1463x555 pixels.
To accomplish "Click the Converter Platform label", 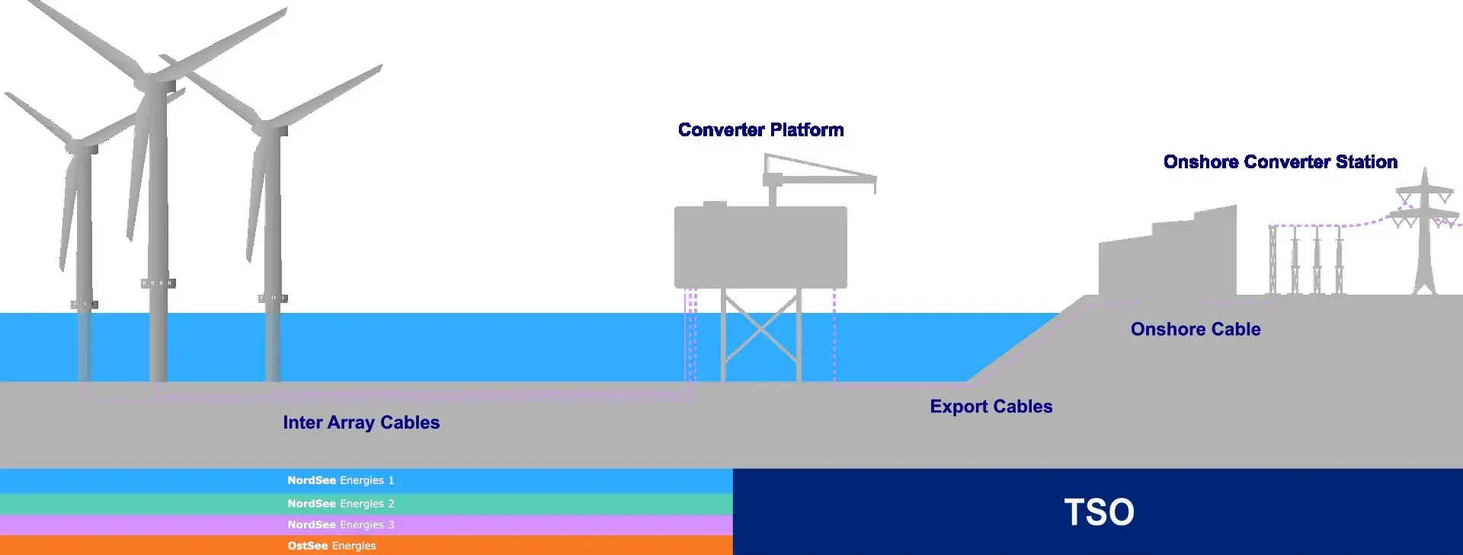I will (x=760, y=130).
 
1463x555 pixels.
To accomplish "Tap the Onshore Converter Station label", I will (x=1280, y=162).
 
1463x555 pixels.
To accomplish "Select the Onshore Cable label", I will (x=1195, y=329).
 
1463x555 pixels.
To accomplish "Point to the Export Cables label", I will (x=991, y=407).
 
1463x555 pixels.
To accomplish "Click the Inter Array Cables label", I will (x=361, y=423).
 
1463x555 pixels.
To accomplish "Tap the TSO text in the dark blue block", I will (x=1099, y=512).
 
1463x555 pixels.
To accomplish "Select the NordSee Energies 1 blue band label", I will (x=341, y=480).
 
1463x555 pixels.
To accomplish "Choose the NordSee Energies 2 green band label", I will (x=341, y=504).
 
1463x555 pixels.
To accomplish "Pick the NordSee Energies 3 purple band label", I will (x=341, y=525).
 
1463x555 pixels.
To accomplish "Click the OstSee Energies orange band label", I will (x=331, y=546).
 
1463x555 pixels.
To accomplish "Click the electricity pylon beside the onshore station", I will (x=1424, y=228).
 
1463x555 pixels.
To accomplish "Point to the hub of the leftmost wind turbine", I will (x=76, y=145).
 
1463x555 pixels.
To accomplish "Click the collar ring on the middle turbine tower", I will (x=158, y=283).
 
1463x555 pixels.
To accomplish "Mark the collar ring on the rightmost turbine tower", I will (x=273, y=298).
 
